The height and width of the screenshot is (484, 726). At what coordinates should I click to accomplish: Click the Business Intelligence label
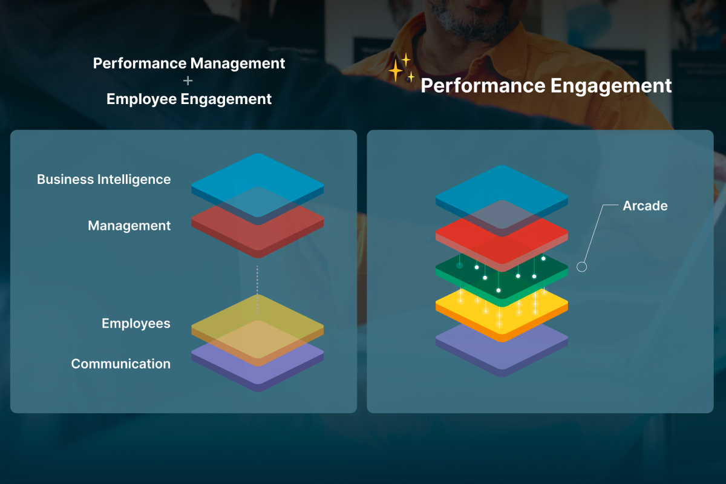tap(103, 180)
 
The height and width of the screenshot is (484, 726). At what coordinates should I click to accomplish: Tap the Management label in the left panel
tap(129, 226)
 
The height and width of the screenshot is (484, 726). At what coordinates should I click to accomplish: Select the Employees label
tap(136, 324)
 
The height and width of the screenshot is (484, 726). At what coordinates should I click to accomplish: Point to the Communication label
tap(120, 364)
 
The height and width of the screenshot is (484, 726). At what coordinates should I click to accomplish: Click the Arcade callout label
tap(645, 206)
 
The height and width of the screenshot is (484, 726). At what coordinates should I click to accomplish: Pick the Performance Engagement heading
tap(546, 85)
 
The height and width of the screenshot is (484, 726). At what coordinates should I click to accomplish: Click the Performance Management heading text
tap(189, 64)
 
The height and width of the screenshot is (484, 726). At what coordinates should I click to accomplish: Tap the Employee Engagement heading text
tap(189, 99)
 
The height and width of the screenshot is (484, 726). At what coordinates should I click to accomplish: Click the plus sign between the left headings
tap(188, 80)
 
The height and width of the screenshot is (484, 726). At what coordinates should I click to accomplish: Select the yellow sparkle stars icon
tap(401, 68)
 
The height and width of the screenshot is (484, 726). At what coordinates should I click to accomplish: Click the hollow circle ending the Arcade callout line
tap(582, 267)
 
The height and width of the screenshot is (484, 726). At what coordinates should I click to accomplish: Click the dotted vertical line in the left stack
tap(257, 290)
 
